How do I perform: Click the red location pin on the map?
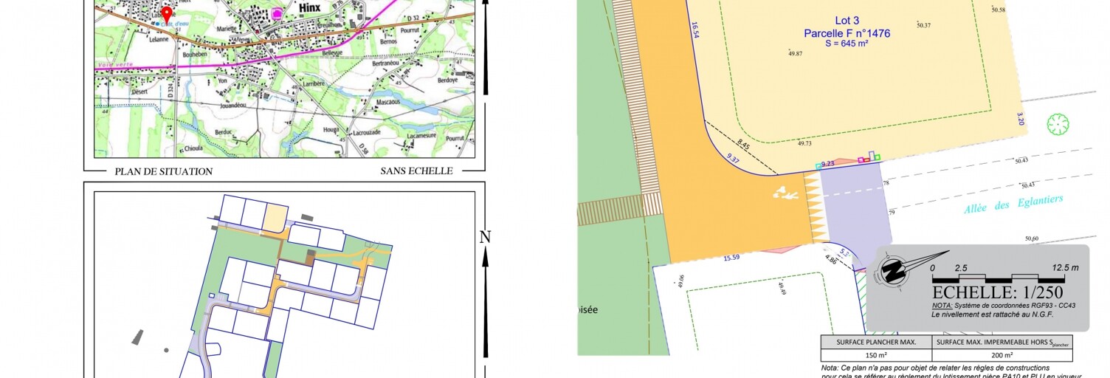167,14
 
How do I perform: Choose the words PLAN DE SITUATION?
163,171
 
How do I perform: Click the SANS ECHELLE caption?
416,171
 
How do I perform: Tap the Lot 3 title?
826,21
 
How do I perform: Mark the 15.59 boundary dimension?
731,258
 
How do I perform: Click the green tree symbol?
1058,124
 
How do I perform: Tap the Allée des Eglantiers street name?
1013,204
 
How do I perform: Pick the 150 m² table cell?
876,354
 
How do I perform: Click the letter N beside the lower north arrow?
485,237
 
